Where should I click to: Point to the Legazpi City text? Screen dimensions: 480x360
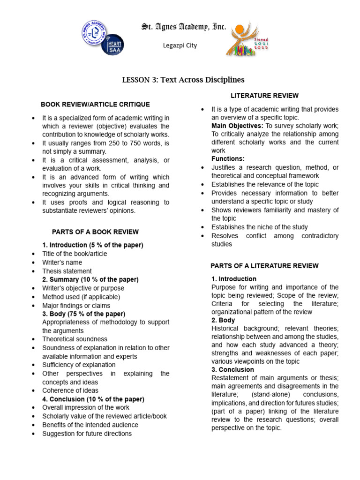[x=180, y=45]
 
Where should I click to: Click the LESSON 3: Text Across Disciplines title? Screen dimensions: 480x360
[x=183, y=80]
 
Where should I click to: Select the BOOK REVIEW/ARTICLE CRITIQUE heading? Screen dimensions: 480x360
[x=95, y=104]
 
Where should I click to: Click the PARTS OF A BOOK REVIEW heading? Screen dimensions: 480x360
[x=95, y=232]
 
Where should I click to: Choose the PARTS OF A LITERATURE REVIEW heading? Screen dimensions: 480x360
[x=264, y=266]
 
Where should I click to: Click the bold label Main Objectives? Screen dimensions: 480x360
[x=238, y=126]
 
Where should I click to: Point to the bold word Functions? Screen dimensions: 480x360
[x=228, y=159]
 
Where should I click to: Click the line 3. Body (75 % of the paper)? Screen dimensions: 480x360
[x=83, y=314]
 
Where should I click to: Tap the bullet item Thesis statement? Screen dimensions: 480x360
[x=67, y=271]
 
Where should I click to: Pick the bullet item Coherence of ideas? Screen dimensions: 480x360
[x=70, y=390]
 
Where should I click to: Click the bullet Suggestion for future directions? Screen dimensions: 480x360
[x=87, y=434]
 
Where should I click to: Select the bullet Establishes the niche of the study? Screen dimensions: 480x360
[x=260, y=227]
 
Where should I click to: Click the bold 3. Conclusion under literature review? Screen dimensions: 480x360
[x=232, y=369]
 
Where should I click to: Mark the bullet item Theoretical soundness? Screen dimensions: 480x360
[x=75, y=339]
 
